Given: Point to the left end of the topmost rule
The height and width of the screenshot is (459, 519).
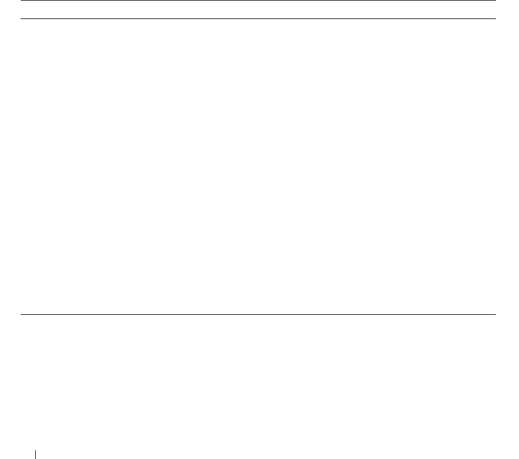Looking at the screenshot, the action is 22,1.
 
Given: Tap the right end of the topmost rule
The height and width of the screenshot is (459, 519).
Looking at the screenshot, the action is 495,1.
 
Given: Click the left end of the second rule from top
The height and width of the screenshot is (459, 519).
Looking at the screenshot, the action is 22,19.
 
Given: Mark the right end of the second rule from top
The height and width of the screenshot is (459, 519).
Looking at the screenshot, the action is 495,19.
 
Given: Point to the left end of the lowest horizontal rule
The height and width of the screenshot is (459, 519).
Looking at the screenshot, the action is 22,314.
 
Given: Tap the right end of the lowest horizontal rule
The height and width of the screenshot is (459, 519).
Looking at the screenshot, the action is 495,314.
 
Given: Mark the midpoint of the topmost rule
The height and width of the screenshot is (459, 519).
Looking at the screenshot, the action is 258,1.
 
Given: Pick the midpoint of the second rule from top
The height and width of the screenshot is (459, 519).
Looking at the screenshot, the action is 258,19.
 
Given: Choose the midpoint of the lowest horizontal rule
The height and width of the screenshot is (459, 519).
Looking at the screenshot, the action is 258,314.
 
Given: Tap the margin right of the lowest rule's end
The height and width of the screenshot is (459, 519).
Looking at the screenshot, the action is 507,314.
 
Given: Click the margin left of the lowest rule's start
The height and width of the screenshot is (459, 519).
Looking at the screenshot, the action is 10,314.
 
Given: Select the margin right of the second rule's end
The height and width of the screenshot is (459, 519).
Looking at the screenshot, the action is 507,19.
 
